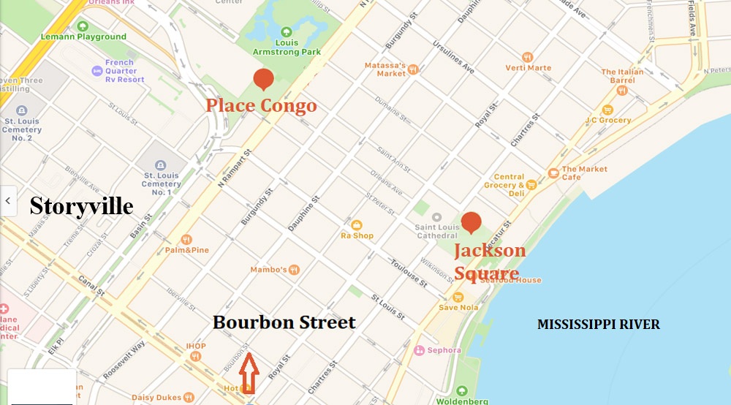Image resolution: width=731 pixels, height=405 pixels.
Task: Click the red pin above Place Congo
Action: tap(263, 79)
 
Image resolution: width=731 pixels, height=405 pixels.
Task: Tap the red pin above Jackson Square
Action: tap(471, 222)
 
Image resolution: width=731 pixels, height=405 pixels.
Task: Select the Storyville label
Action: tap(81, 207)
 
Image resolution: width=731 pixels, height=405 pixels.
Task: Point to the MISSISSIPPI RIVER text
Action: tap(598, 325)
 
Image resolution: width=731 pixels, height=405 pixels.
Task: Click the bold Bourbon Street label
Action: tap(284, 322)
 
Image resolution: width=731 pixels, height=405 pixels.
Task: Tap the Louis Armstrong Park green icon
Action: tap(287, 32)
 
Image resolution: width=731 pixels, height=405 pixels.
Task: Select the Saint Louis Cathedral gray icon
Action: tap(436, 217)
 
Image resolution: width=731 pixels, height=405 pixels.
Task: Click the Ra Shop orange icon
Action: tap(357, 225)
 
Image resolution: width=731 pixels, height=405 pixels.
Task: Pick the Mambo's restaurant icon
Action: tap(294, 270)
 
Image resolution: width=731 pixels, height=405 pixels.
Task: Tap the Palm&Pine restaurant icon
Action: tap(186, 239)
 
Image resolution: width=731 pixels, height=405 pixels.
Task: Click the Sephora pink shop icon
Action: tap(419, 350)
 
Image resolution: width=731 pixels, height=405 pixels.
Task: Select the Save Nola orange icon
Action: tap(458, 297)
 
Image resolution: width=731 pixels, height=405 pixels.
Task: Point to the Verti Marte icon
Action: tap(528, 57)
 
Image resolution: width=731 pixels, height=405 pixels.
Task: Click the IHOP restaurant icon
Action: tap(195, 356)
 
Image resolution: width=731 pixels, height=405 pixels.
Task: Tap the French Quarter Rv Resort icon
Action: tap(96, 71)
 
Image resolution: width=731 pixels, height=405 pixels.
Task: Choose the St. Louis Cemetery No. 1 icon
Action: tap(162, 164)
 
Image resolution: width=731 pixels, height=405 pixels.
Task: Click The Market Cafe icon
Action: tap(553, 173)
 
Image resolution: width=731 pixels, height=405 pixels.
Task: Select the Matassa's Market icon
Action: tap(413, 69)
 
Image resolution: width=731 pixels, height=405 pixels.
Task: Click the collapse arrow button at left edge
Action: tap(8, 200)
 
